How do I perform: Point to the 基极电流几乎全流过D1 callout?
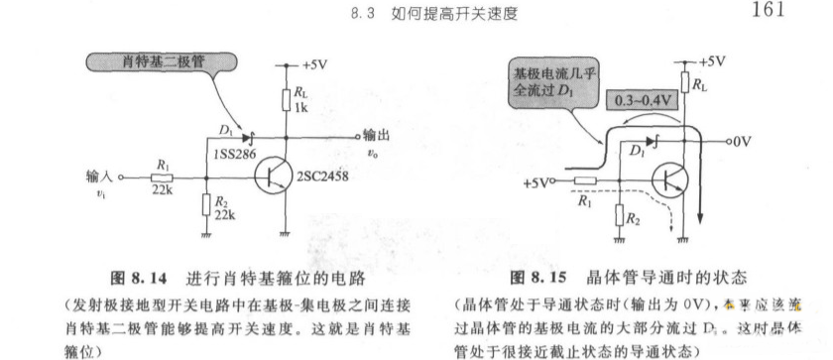[x=541, y=82]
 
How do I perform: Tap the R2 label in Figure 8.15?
[x=633, y=215]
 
